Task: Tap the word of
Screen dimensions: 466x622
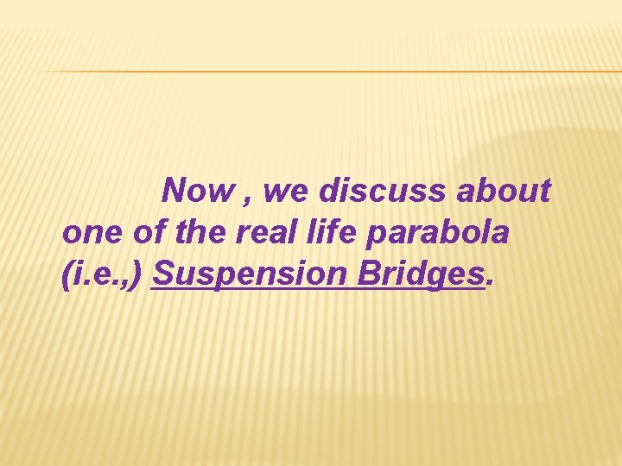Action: [141, 232]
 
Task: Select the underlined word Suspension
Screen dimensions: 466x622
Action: [246, 274]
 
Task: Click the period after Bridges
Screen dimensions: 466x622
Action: [492, 284]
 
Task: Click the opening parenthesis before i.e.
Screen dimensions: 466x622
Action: [68, 275]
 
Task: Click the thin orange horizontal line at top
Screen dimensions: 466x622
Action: [328, 71]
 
